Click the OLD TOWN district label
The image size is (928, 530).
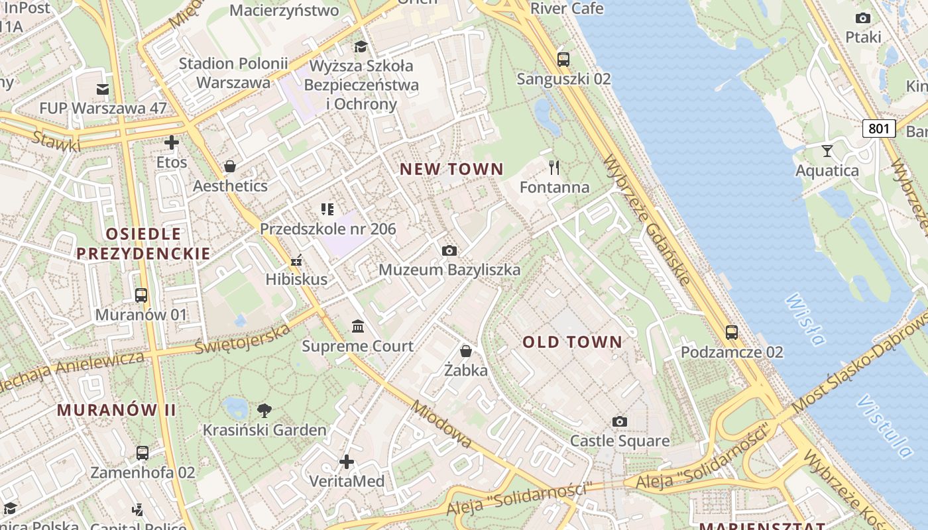click(x=573, y=343)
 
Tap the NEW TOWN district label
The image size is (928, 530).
click(x=451, y=170)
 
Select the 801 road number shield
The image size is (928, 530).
click(x=879, y=128)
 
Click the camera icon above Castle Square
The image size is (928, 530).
click(x=620, y=421)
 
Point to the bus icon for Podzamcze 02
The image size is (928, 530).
click(x=732, y=333)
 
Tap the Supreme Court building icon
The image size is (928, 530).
click(x=358, y=326)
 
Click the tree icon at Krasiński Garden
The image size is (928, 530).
click(x=264, y=410)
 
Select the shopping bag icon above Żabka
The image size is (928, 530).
click(x=466, y=350)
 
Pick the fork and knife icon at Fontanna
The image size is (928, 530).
click(x=555, y=167)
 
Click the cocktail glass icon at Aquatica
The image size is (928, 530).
click(x=827, y=150)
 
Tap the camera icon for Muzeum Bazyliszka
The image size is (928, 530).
click(x=449, y=250)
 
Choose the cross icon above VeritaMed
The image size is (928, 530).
click(x=346, y=461)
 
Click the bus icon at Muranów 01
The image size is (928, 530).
click(x=141, y=295)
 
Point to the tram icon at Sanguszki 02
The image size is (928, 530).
click(x=563, y=59)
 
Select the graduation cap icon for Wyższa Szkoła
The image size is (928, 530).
click(x=361, y=46)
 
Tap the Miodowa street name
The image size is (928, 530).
click(x=441, y=424)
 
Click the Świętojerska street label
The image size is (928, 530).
click(x=243, y=339)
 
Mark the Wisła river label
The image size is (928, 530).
click(x=805, y=320)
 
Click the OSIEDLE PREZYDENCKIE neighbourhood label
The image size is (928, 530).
click(x=143, y=243)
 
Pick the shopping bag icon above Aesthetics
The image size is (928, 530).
click(x=230, y=166)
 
